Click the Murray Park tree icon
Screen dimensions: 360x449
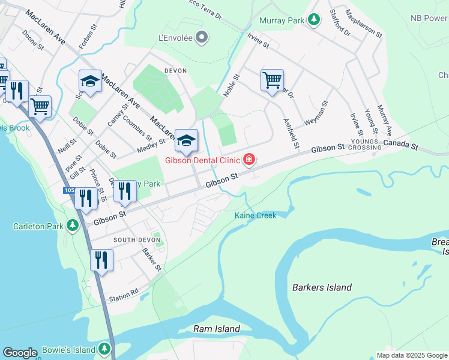pos(313,20)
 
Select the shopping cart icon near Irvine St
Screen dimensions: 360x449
pos(272,79)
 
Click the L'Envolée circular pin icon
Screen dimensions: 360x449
pos(202,38)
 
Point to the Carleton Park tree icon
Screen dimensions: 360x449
pos(73,226)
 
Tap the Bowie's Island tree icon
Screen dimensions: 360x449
pos(105,349)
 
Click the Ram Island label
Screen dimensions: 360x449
pos(217,329)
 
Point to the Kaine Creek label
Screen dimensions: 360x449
pos(256,215)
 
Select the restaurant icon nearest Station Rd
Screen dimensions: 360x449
pos(101,260)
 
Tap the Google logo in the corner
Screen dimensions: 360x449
pos(20,353)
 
